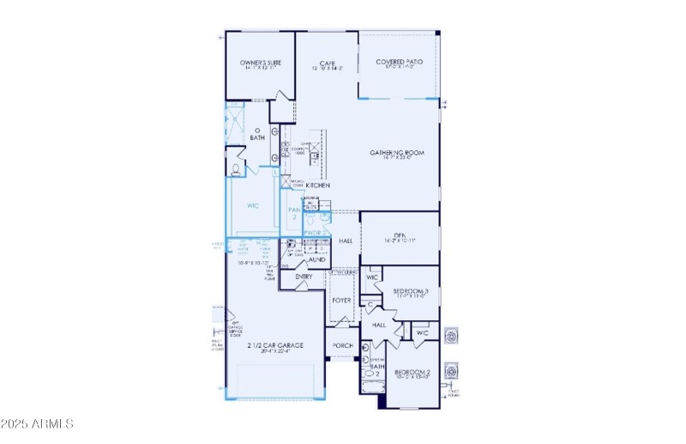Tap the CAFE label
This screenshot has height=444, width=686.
pos(327,63)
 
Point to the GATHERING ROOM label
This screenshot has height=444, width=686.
pos(397,153)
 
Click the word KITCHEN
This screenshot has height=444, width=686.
pos(319,186)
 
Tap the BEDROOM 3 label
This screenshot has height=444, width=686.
pos(410,292)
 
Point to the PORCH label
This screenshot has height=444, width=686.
pos(343,346)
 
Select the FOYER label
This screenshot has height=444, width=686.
pos(342,301)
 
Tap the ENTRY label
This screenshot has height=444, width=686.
pos(304,277)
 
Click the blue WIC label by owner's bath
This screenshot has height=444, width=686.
pos(253,206)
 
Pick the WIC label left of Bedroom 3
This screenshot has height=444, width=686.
pos(372,277)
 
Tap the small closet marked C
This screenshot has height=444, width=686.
pos(370,303)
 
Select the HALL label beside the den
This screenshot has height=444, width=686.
pos(346,241)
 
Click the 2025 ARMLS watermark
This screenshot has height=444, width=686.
pos(38,423)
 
